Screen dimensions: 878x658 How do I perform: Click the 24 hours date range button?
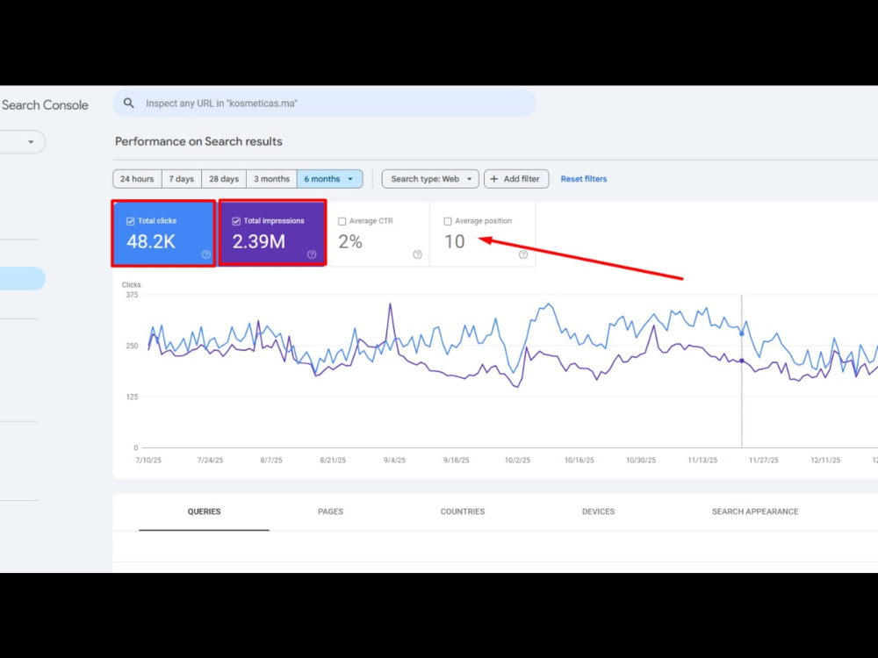tap(137, 179)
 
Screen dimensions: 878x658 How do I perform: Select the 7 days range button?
tap(182, 179)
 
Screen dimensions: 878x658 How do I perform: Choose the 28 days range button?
tap(224, 179)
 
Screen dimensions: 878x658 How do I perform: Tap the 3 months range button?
tap(271, 179)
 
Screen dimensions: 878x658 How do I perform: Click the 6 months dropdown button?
tap(330, 179)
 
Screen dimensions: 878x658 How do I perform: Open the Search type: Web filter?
tap(430, 179)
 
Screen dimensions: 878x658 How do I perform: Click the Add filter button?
tap(515, 179)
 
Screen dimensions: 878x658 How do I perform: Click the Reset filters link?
tap(584, 179)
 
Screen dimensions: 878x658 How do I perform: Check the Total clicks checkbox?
tap(131, 222)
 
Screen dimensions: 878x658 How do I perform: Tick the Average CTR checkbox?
tap(342, 222)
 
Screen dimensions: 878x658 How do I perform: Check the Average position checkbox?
tap(448, 222)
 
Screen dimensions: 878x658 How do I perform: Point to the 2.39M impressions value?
tap(259, 242)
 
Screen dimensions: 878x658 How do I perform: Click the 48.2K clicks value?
tap(151, 242)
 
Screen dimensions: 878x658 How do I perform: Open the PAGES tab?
tap(330, 511)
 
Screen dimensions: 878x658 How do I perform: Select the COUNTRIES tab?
tap(463, 511)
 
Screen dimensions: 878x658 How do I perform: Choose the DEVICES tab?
tap(598, 511)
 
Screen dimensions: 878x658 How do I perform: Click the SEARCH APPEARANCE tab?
tap(755, 511)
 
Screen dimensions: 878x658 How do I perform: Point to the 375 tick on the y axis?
tap(132, 295)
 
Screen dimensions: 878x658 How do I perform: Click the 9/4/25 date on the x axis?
tap(395, 461)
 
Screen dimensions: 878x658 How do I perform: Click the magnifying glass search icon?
tap(129, 103)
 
